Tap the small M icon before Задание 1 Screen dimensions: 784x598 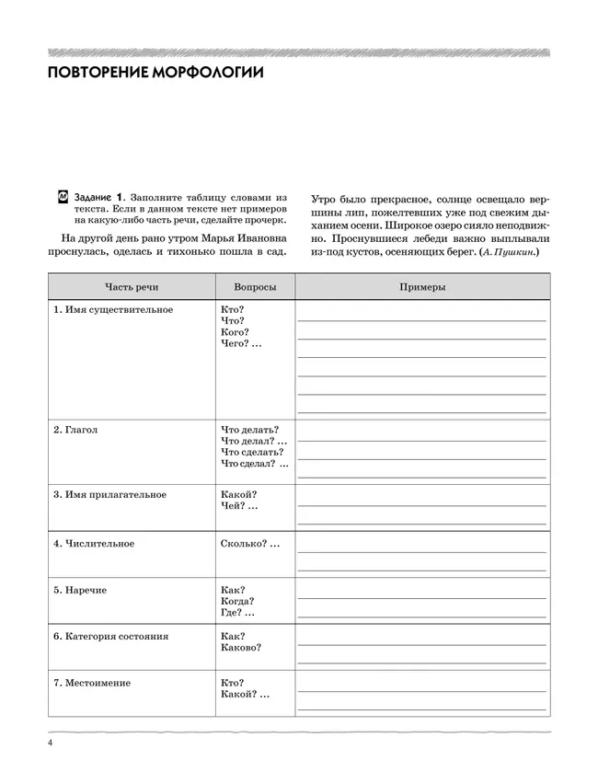63,196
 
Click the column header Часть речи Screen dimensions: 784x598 131,287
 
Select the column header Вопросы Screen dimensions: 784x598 255,287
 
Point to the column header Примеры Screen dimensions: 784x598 422,287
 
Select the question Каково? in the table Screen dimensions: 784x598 241,648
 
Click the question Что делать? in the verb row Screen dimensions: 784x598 250,430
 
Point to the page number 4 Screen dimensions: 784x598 50,743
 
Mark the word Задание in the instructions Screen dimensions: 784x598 93,197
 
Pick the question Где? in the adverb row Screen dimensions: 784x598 232,613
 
